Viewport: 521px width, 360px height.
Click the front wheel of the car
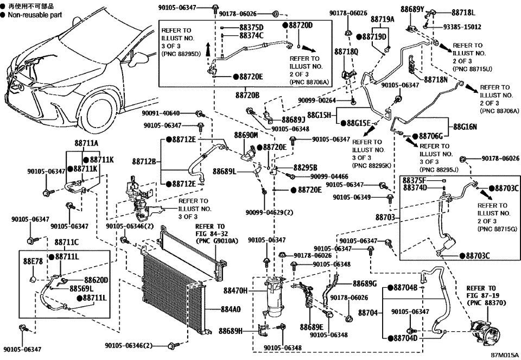106,111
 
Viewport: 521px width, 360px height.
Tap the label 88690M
245,134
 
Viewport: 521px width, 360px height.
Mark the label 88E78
32,261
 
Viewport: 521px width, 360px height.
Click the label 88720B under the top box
247,94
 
